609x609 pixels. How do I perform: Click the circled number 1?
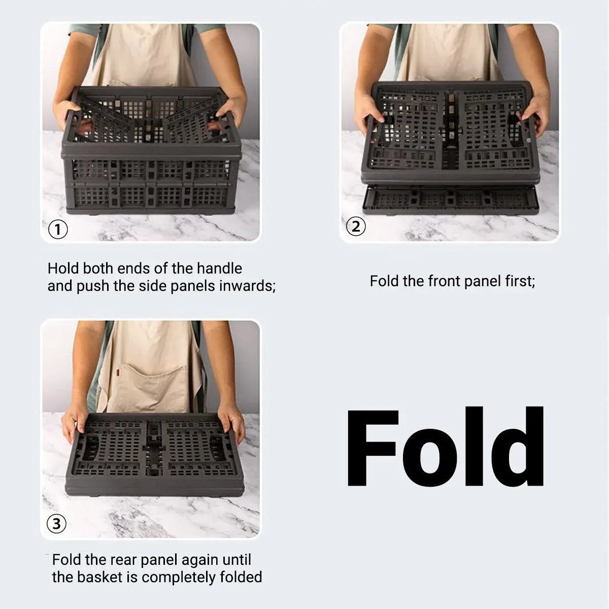click(58, 229)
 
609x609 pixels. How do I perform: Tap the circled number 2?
click(356, 226)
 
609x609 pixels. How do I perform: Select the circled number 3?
click(56, 524)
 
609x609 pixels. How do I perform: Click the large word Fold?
click(446, 446)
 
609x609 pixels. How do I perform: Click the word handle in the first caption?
click(219, 268)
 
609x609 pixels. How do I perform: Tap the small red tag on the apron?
click(118, 373)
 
